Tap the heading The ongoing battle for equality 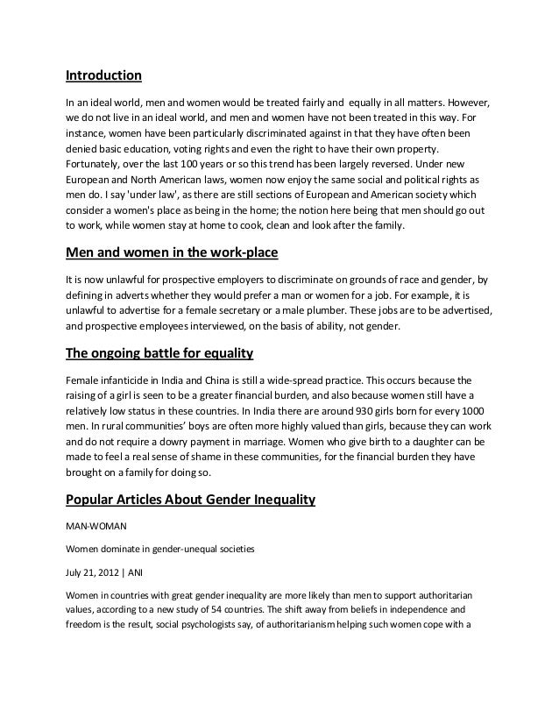[160, 356]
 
